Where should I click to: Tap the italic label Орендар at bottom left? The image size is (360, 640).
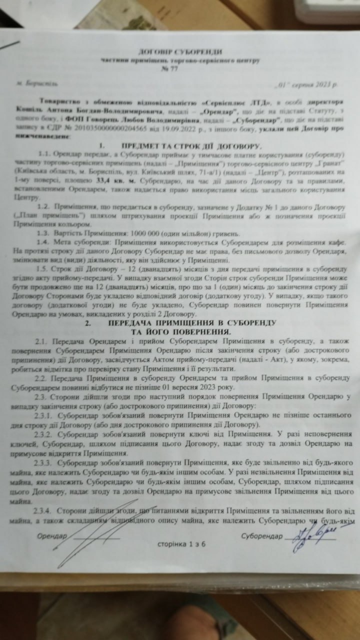pyautogui.click(x=52, y=536)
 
